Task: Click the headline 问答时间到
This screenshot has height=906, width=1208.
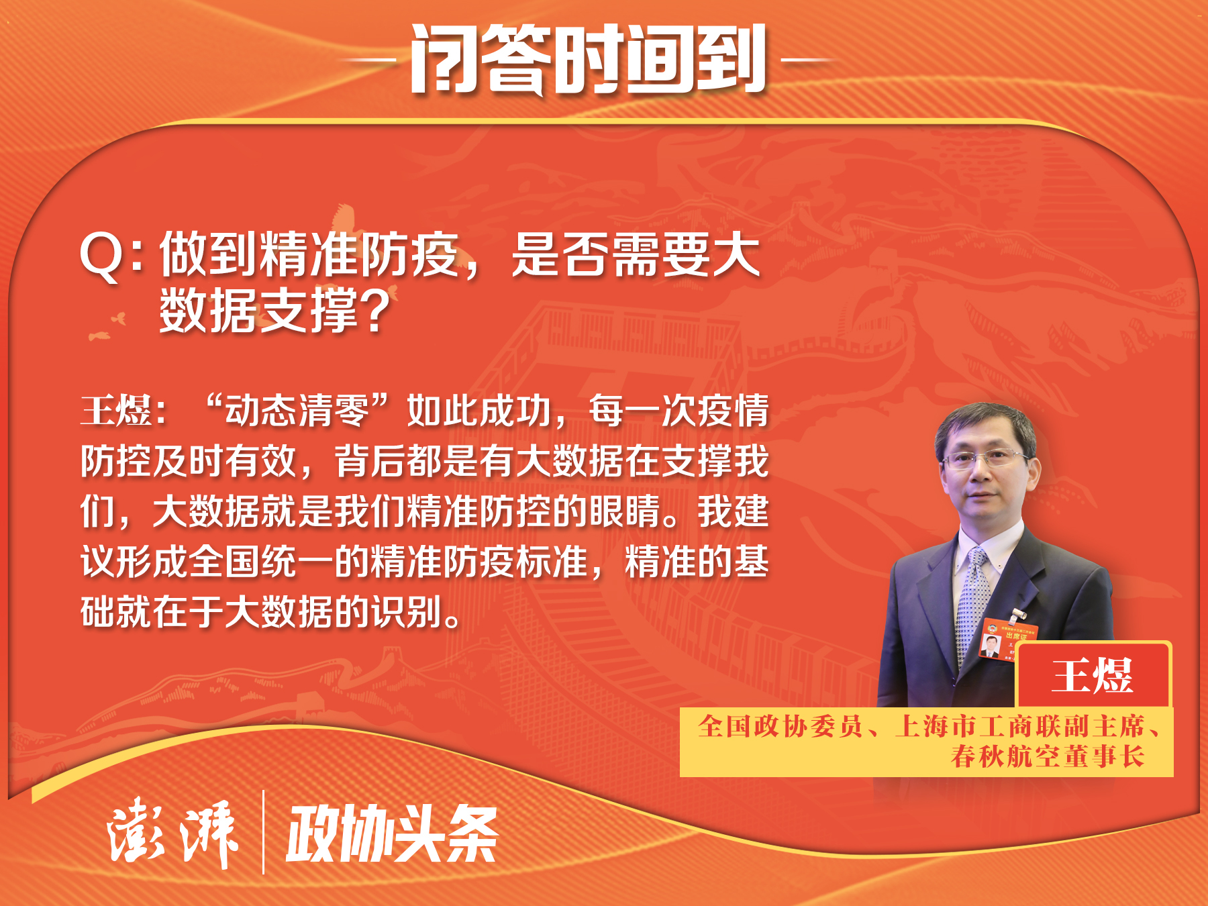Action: coord(588,59)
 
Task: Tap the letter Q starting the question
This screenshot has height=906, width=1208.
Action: coord(102,257)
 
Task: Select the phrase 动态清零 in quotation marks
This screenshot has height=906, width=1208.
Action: coord(297,411)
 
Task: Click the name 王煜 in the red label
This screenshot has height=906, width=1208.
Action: coord(1093,675)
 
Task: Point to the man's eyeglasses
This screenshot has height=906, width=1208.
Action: coord(985,459)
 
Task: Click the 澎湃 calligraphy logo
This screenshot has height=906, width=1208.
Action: coord(172,833)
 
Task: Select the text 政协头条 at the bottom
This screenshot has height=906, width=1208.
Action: coord(392,834)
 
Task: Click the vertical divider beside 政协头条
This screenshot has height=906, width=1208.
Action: coord(263,832)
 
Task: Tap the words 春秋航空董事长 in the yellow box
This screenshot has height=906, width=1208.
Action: coord(1048,756)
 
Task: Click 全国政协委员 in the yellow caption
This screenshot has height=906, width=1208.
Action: coord(780,726)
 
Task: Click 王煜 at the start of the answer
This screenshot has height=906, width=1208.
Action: coord(116,411)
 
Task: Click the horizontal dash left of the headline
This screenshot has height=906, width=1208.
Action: coord(368,60)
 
